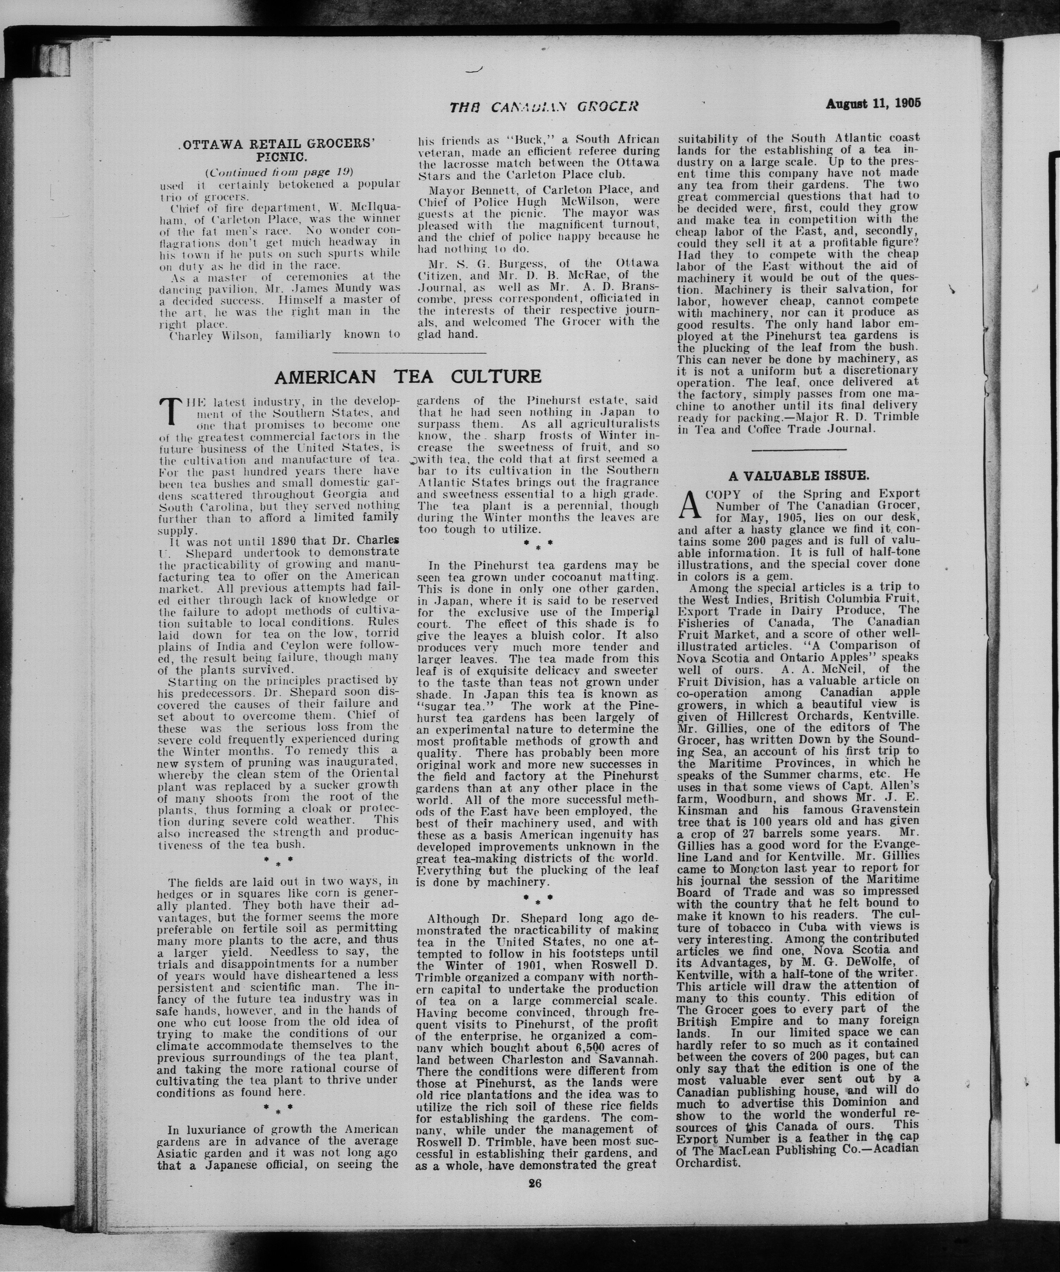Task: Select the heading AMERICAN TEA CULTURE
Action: pyautogui.click(x=408, y=377)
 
